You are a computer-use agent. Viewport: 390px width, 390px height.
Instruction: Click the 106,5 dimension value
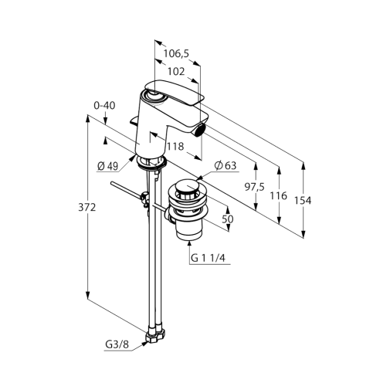(x=176, y=54)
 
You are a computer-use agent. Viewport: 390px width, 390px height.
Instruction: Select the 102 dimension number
(x=176, y=72)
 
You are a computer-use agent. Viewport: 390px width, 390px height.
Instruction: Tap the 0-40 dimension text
(x=104, y=106)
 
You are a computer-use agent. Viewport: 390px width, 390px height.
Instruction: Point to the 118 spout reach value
(x=175, y=147)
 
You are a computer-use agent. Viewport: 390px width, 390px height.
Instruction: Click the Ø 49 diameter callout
(x=107, y=167)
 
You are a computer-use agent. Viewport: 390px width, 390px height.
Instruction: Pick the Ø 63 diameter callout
(x=226, y=166)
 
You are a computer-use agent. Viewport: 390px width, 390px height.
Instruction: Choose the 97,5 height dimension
(x=254, y=187)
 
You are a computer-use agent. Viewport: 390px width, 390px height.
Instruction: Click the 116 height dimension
(x=278, y=196)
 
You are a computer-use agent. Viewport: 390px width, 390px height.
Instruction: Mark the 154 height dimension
(x=303, y=201)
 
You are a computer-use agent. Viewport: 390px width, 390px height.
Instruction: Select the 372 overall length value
(x=87, y=207)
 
